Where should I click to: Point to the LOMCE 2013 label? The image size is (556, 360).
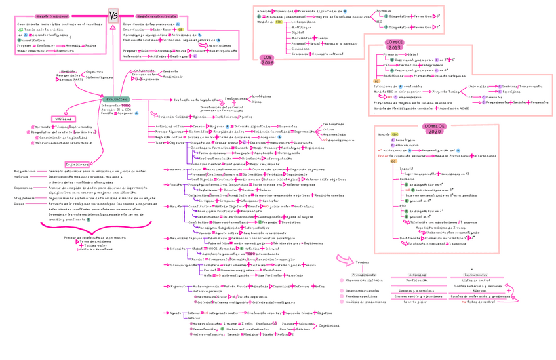[x=395, y=45]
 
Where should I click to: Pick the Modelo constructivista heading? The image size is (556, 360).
[x=156, y=16]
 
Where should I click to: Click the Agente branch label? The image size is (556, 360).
[x=175, y=313]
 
